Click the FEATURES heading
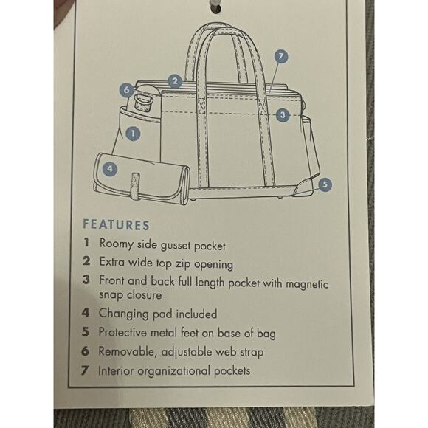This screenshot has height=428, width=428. [x=117, y=224]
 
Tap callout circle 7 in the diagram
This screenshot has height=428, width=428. [x=281, y=57]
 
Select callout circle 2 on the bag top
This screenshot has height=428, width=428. [x=175, y=81]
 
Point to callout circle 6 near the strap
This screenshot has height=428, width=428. [x=126, y=90]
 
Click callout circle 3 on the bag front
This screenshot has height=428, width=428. [x=283, y=115]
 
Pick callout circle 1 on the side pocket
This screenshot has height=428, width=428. [x=133, y=134]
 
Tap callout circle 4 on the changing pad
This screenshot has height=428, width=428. [x=110, y=169]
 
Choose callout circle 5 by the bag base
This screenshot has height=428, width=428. [x=325, y=184]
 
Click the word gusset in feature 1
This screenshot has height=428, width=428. [x=175, y=246]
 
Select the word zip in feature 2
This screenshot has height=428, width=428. [x=183, y=264]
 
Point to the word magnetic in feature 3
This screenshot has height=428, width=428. [x=306, y=284]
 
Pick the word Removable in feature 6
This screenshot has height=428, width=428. [x=128, y=351]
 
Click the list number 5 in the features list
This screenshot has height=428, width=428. [x=86, y=332]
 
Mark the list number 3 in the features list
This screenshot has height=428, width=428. [x=86, y=280]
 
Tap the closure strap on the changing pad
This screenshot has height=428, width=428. [x=135, y=186]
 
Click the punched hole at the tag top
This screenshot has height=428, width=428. [x=215, y=6]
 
